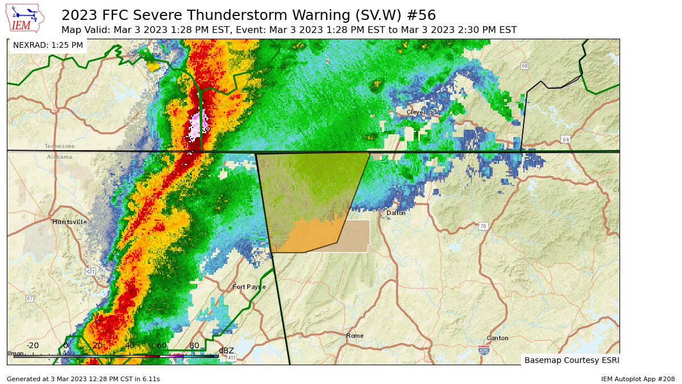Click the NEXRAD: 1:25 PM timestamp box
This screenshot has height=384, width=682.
tap(48, 45)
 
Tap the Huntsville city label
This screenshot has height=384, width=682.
tap(69, 222)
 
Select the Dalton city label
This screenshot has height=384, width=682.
tap(396, 213)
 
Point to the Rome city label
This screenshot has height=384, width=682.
tap(355, 336)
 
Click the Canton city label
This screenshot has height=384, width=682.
tap(497, 338)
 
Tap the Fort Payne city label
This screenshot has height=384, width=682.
tap(249, 287)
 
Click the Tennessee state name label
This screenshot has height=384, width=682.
tap(60, 146)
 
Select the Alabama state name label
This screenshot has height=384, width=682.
tap(60, 156)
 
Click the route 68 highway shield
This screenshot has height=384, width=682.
tap(525, 66)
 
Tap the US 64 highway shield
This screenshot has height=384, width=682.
tap(565, 139)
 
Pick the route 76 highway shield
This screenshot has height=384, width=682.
tap(483, 226)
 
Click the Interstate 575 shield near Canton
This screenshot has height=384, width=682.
tap(484, 350)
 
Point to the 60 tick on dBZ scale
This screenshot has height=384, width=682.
tap(162, 345)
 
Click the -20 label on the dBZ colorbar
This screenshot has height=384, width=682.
tap(33, 345)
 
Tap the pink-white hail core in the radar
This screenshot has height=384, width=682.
tap(198, 124)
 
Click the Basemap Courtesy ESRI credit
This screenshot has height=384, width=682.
tap(571, 360)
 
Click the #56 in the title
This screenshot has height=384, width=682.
tap(421, 14)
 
